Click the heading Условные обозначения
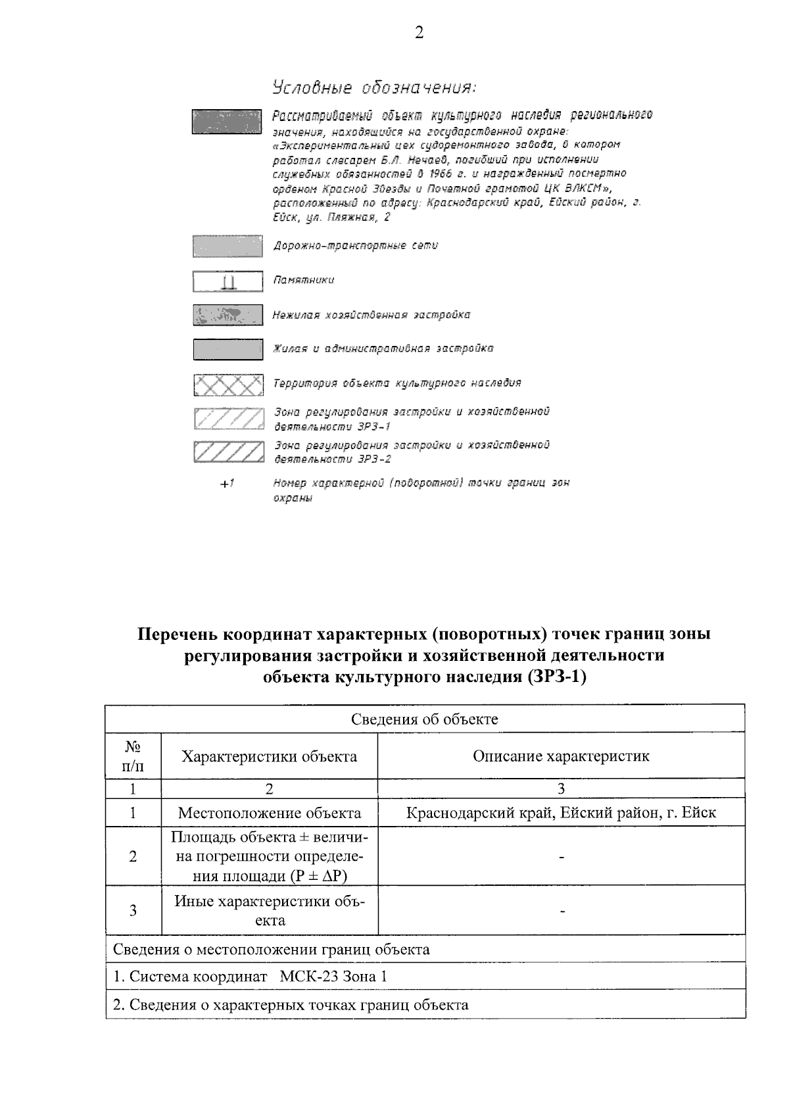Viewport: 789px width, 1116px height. click(x=373, y=88)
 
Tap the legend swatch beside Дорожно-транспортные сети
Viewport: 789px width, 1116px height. click(x=227, y=246)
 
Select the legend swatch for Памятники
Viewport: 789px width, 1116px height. click(x=227, y=281)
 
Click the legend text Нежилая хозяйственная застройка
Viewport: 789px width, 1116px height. click(x=371, y=315)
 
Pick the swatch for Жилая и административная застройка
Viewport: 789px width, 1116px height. click(x=227, y=349)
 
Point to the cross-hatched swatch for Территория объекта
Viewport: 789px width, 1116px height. click(x=227, y=385)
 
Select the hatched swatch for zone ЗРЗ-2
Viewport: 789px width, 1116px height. click(x=227, y=452)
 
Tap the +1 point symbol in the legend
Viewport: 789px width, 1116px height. click(x=227, y=484)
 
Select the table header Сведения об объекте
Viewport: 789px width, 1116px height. click(x=424, y=719)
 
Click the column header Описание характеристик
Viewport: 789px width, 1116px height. click(x=561, y=756)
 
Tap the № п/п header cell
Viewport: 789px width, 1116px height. click(x=133, y=756)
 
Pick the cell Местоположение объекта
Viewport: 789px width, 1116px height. click(x=270, y=813)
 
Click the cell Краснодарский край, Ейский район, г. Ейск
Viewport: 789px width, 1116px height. click(x=561, y=813)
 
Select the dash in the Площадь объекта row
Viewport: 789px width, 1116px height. click(x=562, y=857)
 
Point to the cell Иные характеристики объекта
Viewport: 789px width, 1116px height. click(x=270, y=911)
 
